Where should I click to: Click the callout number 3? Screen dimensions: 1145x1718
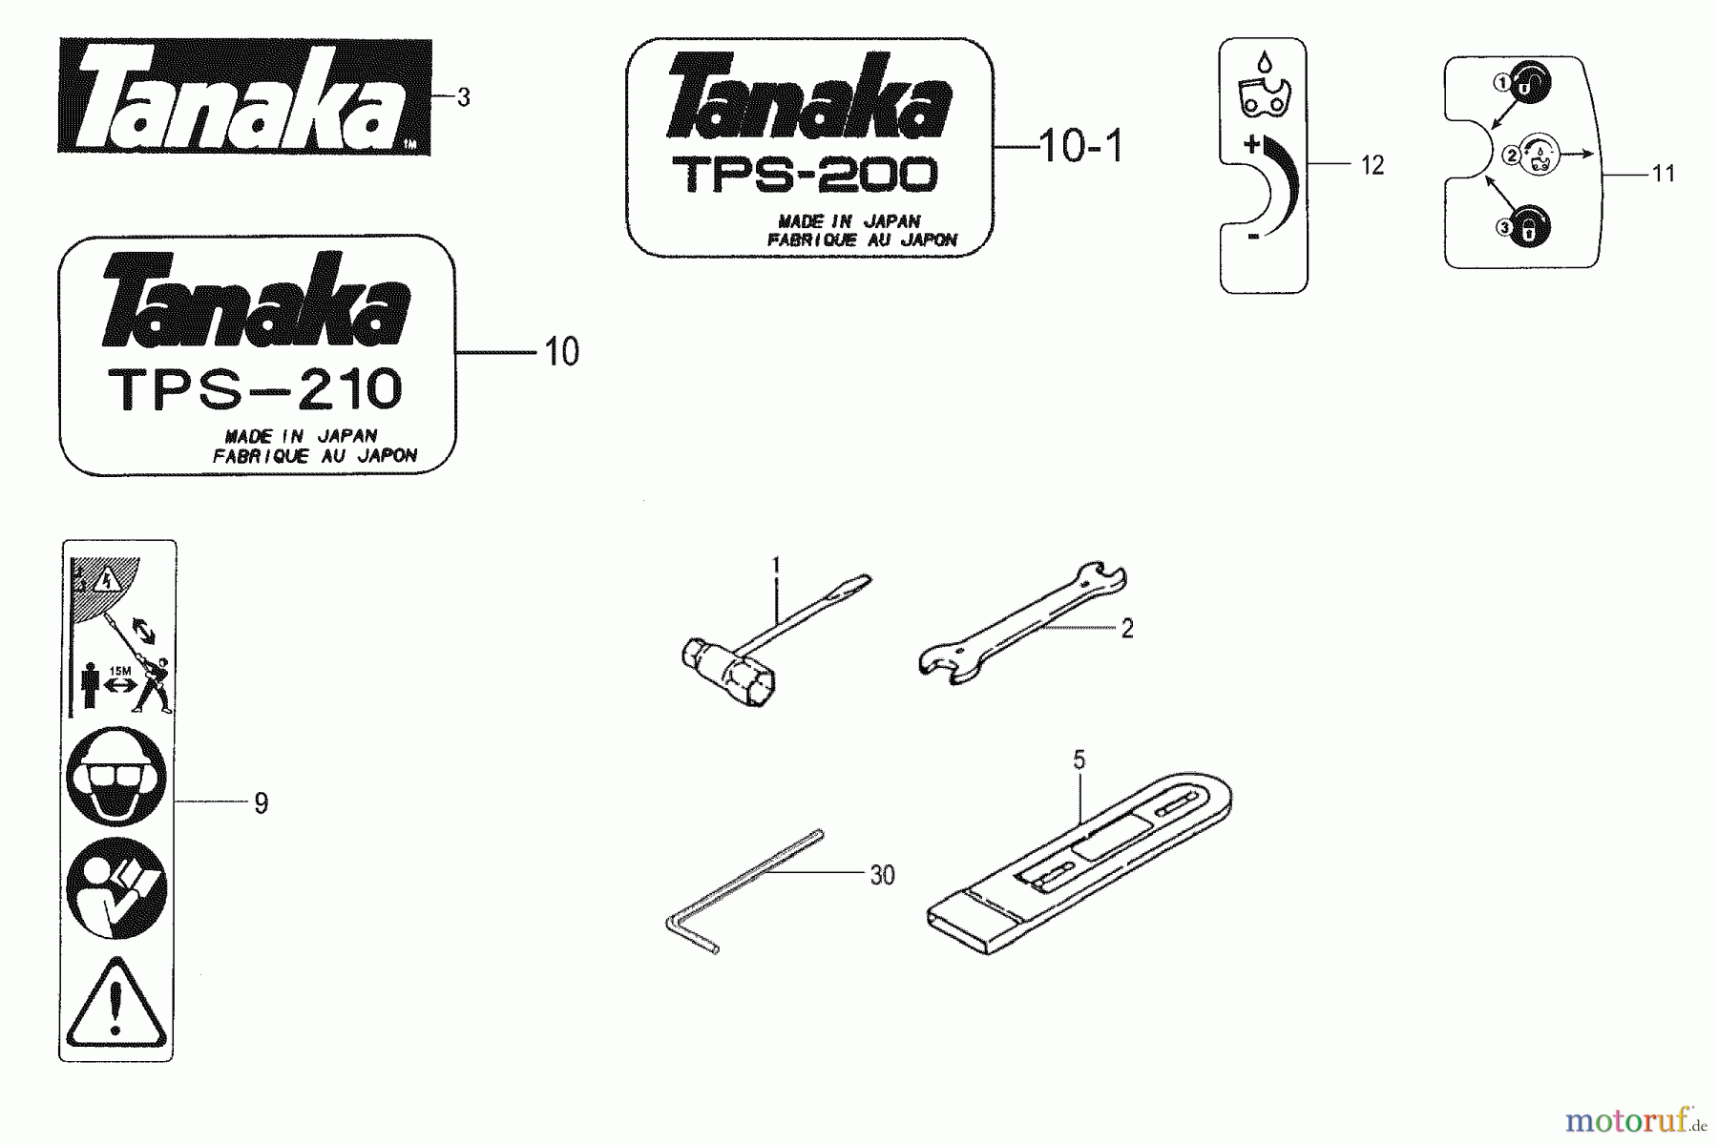click(464, 97)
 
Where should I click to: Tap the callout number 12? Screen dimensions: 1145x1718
click(1372, 166)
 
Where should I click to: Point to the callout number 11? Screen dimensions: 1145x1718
click(1664, 175)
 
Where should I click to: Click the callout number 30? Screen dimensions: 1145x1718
click(882, 876)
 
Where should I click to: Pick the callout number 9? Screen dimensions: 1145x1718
click(261, 803)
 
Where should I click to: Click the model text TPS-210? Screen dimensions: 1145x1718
click(256, 390)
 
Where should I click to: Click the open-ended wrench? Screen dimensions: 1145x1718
click(1021, 625)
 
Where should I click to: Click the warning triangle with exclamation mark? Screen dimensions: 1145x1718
click(116, 1003)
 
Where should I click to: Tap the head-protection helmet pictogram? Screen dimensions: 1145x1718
click(116, 777)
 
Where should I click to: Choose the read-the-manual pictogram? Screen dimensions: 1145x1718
click(116, 887)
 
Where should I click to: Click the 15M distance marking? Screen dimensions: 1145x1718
click(119, 672)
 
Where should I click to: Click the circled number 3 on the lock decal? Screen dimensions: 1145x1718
click(1504, 228)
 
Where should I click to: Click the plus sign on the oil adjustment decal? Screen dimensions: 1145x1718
click(1251, 146)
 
